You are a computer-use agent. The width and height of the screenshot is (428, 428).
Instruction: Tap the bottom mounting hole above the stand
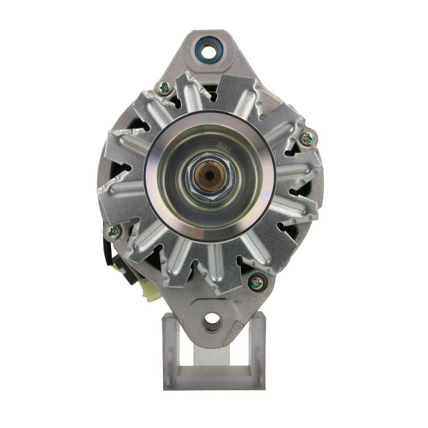211,320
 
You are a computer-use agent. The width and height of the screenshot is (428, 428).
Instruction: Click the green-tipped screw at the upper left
164,87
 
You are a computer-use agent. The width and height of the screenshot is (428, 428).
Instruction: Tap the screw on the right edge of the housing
309,137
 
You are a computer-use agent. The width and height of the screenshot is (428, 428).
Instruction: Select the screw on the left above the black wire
113,230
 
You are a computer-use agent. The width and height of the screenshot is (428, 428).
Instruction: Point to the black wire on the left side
106,249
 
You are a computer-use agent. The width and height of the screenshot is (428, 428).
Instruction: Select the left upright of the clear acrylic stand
168,351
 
